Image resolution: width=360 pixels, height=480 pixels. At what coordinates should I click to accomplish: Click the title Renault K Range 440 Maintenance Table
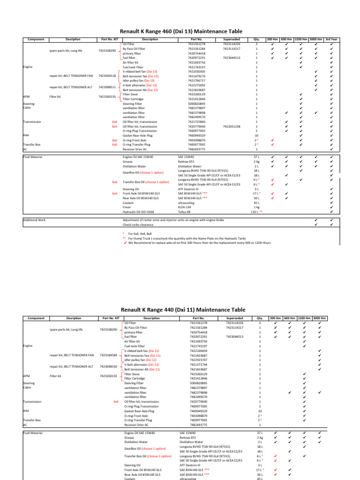click(180, 310)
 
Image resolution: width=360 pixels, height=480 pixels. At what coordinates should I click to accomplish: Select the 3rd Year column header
click(332, 39)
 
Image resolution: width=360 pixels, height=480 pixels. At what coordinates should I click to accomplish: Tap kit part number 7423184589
click(108, 355)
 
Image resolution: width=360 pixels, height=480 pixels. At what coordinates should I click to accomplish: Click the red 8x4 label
click(114, 127)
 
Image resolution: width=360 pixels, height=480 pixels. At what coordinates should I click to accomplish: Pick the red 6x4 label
click(116, 402)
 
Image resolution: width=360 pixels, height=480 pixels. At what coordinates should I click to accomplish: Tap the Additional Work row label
click(35, 219)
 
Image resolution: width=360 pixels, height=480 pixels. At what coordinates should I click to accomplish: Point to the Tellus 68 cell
click(185, 212)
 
